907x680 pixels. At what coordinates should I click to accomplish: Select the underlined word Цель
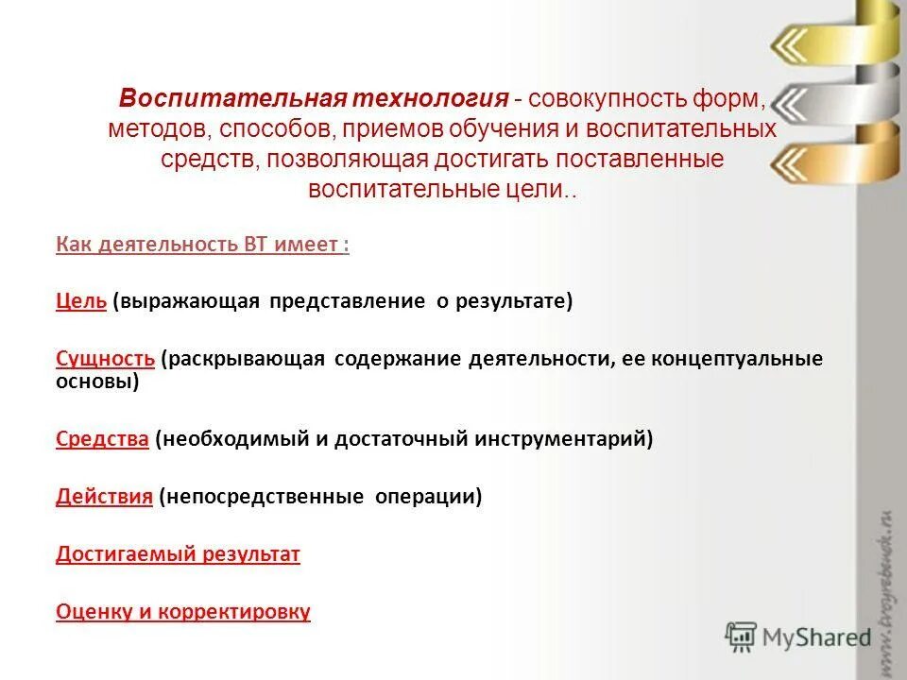tap(80, 301)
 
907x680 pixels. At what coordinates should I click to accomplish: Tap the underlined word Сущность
tap(105, 359)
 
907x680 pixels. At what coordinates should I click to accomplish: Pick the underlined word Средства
tap(102, 439)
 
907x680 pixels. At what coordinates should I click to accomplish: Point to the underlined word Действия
tap(104, 497)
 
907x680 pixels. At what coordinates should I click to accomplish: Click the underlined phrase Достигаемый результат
tap(178, 554)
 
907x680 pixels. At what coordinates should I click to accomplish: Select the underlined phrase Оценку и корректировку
tap(182, 612)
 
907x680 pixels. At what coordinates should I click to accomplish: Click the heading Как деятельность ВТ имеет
tap(202, 245)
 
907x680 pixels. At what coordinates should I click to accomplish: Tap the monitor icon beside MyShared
tap(743, 637)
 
